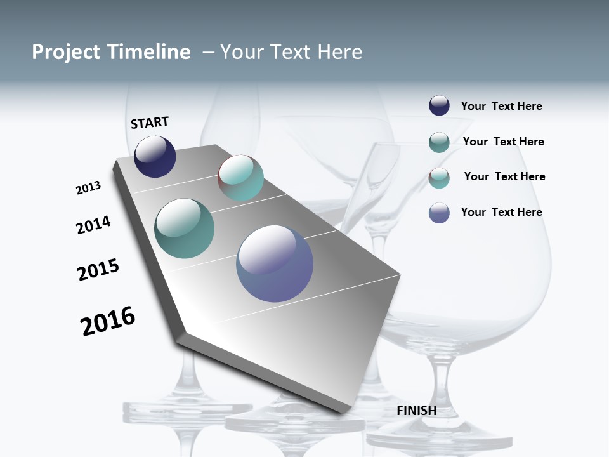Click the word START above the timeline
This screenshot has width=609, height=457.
pyautogui.click(x=150, y=123)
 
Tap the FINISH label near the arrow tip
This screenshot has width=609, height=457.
pyautogui.click(x=417, y=411)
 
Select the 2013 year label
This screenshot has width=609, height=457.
pyautogui.click(x=89, y=188)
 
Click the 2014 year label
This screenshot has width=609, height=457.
pyautogui.click(x=94, y=225)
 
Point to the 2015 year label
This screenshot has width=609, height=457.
pyautogui.click(x=98, y=270)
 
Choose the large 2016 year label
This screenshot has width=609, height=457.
pyautogui.click(x=108, y=321)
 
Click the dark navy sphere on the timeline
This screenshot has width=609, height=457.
pyautogui.click(x=155, y=157)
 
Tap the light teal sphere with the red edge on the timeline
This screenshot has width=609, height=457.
pyautogui.click(x=240, y=178)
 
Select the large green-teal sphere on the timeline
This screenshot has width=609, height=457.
pyautogui.click(x=185, y=228)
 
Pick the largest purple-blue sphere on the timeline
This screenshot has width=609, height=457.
pyautogui.click(x=275, y=263)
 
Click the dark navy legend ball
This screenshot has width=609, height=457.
pyautogui.click(x=439, y=106)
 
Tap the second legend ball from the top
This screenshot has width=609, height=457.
pyautogui.click(x=439, y=142)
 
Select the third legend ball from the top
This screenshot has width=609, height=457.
pyautogui.click(x=439, y=178)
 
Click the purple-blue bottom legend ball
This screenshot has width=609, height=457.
pyautogui.click(x=439, y=213)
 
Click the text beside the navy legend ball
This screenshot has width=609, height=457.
pyautogui.click(x=501, y=107)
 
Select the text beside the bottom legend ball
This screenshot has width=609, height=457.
pyautogui.click(x=501, y=212)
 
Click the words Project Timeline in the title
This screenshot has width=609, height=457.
pyautogui.click(x=111, y=52)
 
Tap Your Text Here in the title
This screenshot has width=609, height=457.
pyautogui.click(x=291, y=52)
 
